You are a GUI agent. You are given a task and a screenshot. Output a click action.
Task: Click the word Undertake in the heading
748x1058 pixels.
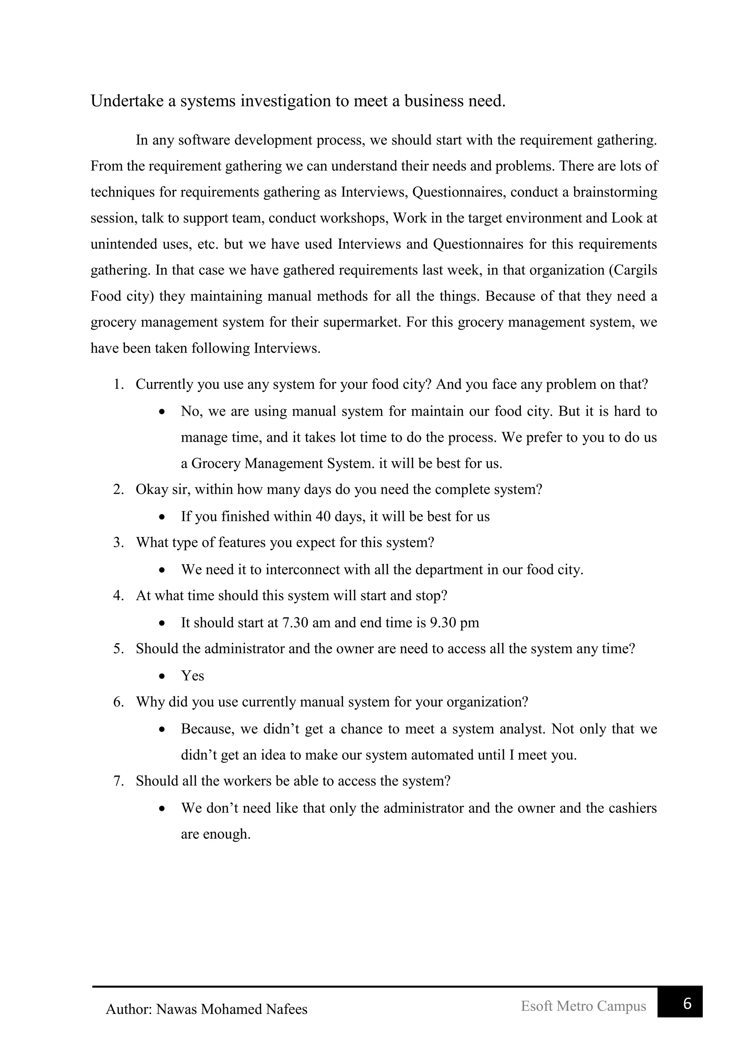click(x=127, y=101)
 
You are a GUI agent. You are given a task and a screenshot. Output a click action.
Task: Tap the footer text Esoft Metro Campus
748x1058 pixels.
click(x=583, y=1005)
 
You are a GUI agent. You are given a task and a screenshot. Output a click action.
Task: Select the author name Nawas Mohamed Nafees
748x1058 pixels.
click(x=232, y=1009)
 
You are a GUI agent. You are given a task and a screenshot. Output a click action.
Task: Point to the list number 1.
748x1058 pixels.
click(x=118, y=384)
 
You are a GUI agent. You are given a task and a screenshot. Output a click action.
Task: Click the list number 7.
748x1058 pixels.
click(x=118, y=781)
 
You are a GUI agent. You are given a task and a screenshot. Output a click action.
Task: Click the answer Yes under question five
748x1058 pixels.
click(x=192, y=675)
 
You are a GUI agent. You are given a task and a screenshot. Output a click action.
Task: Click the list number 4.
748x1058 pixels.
click(x=118, y=596)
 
